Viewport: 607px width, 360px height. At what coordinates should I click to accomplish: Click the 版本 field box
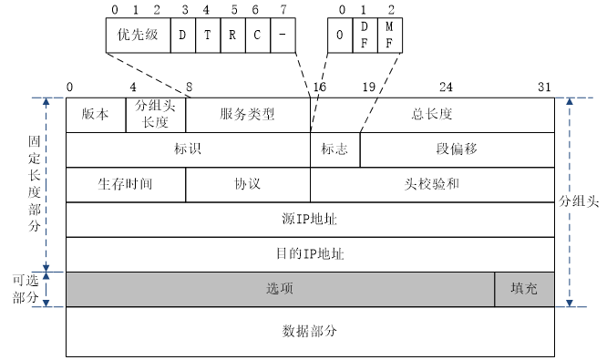coord(96,115)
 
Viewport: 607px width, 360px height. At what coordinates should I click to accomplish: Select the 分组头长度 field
coord(156,115)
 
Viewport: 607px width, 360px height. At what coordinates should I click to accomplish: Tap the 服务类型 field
coord(247,115)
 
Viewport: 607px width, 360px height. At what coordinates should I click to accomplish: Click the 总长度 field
coord(432,115)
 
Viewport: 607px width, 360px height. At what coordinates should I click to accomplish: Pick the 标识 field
coord(188,149)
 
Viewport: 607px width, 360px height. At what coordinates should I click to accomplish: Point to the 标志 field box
coord(334,149)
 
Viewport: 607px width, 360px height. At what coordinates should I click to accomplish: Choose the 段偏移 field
coord(457,149)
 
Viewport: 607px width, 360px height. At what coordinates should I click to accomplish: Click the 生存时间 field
coord(126,184)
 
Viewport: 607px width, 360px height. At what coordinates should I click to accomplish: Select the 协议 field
coord(247,184)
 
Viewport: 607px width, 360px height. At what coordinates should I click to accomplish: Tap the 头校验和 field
coord(432,184)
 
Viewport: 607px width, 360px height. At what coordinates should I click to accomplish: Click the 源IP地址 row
coord(310,219)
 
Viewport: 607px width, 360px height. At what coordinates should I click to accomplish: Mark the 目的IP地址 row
coord(310,253)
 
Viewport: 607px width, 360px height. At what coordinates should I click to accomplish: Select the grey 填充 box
coord(524,288)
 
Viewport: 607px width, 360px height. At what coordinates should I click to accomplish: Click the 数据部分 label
coord(310,331)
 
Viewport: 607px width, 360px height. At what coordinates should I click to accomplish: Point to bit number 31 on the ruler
coord(544,87)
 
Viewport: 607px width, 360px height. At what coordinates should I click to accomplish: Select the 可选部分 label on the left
coord(26,289)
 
